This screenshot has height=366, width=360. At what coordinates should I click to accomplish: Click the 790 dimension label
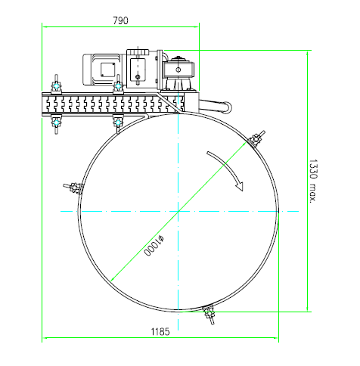(x=120, y=20)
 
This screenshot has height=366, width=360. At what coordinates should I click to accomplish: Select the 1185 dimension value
(x=160, y=331)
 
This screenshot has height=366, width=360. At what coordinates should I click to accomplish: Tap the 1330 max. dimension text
(x=313, y=181)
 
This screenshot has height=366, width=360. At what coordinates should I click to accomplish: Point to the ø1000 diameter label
(x=154, y=246)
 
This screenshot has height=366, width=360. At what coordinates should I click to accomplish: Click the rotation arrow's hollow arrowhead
(x=240, y=186)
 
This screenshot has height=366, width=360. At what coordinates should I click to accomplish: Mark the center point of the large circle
(x=178, y=211)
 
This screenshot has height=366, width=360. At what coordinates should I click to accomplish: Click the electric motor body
(x=102, y=70)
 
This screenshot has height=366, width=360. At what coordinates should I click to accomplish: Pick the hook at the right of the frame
(x=216, y=106)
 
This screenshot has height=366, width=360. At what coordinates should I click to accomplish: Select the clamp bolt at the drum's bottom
(x=209, y=314)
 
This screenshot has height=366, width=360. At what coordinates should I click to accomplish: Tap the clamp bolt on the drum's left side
(x=73, y=188)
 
